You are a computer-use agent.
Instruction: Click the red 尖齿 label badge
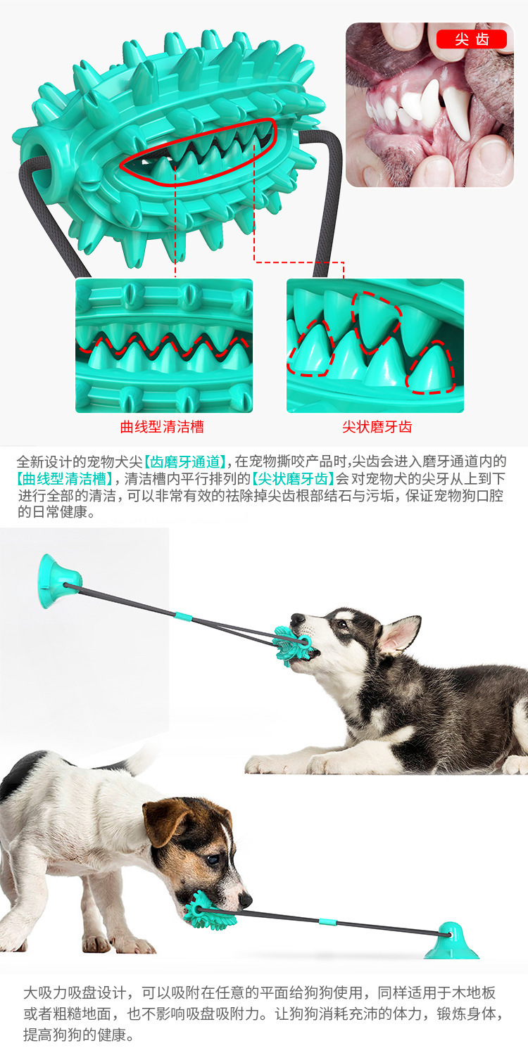pos(472,39)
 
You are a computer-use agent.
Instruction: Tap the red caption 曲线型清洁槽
pos(162,427)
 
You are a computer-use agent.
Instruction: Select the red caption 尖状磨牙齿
pos(377,427)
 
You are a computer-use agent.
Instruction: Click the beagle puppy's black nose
pos(246,900)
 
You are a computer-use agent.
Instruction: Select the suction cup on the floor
pos(451,940)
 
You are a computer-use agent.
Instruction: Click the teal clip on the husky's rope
pos(183,616)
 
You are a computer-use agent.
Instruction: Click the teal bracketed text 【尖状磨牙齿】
pos(293,479)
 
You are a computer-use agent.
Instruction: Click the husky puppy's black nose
pos(297,618)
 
